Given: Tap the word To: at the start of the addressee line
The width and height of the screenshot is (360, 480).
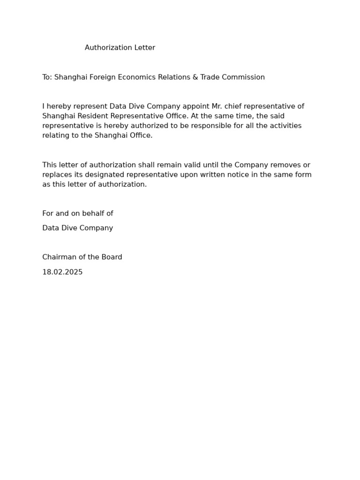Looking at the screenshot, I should point(47,77).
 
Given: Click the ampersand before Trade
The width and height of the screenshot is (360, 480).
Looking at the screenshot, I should point(195,77).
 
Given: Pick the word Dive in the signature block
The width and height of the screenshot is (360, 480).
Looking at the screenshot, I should point(71,228).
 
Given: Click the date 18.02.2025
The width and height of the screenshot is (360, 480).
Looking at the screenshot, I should point(62,272).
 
